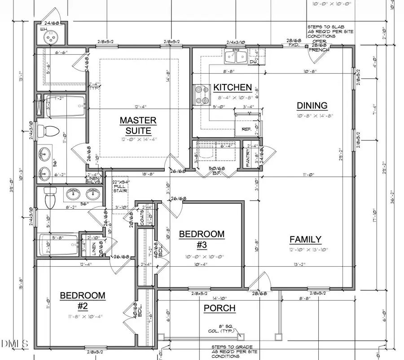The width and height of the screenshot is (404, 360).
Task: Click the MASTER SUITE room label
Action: (x=138, y=125)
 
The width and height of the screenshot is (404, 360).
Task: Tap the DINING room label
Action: (x=312, y=106)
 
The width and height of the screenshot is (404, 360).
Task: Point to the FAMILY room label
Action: (x=305, y=239)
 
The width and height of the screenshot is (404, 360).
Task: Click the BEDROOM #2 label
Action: (x=83, y=300)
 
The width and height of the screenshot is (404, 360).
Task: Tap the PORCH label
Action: (x=220, y=308)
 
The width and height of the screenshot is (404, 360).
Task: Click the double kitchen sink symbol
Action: (x=236, y=57)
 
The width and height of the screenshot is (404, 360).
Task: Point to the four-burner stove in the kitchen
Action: (x=202, y=95)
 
